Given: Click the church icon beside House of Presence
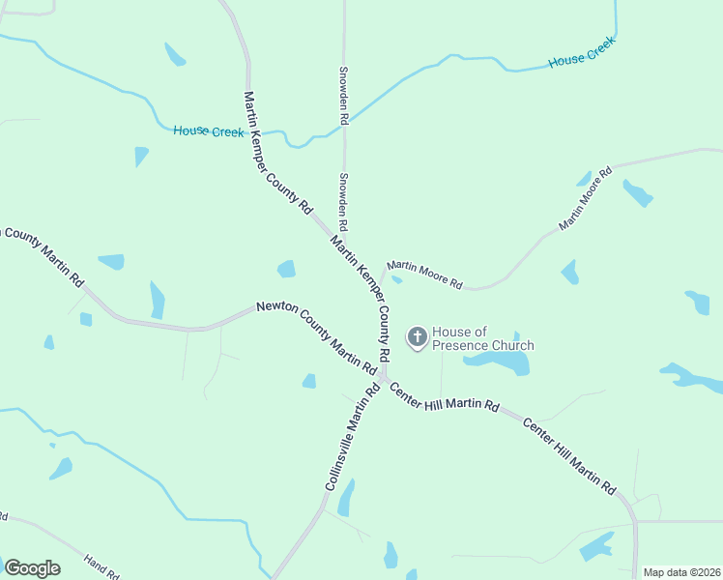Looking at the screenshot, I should coord(418,337).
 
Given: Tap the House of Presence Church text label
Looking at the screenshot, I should coord(482,338).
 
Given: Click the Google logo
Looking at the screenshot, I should coord(32,568).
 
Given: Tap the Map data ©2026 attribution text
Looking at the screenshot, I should coord(681,572).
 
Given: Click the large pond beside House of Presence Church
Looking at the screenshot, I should coord(499,362).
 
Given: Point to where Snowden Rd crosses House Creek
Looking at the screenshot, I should coord(344,126).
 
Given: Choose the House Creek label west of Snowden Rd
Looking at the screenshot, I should coord(208,131).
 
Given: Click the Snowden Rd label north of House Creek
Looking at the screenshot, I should coord(343,95).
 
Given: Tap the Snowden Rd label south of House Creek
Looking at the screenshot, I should coord(343,195).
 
